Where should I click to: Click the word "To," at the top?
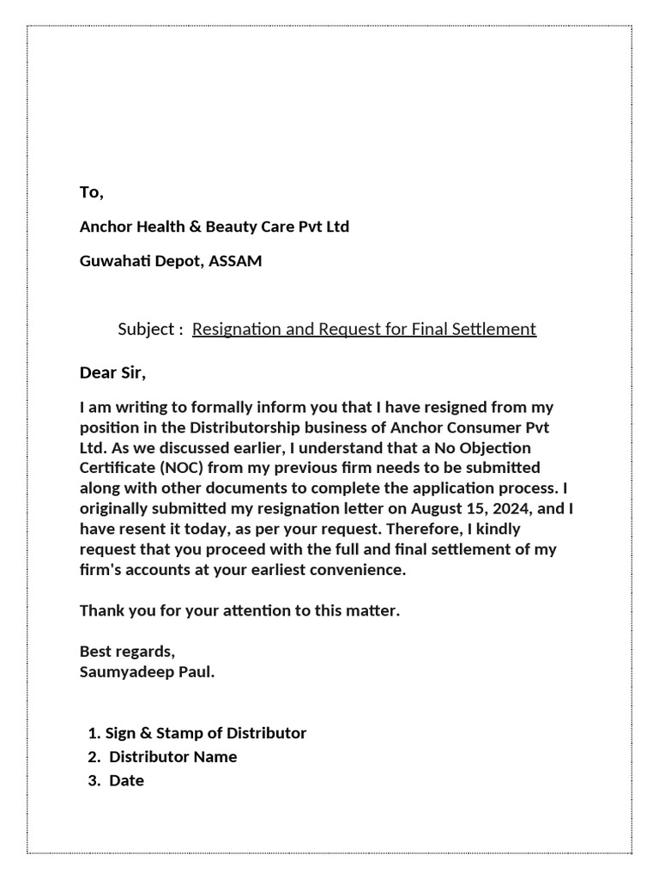(x=92, y=193)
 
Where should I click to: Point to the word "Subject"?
(x=146, y=330)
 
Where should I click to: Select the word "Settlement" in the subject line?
(x=495, y=330)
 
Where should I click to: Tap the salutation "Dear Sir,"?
(x=113, y=373)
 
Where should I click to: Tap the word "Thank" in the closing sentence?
(x=100, y=612)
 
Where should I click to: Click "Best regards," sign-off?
(x=128, y=652)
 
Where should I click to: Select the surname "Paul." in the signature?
(x=196, y=672)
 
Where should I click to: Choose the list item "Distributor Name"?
(x=172, y=757)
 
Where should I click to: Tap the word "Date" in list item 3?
(x=126, y=781)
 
